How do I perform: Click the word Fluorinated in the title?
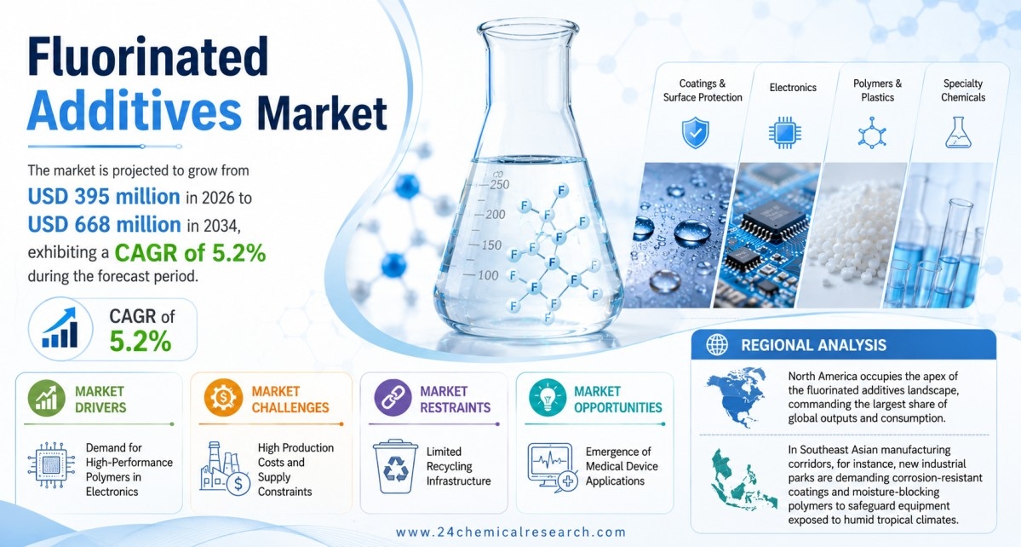click(148, 56)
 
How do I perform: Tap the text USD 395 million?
click(104, 197)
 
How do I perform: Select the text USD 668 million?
click(104, 225)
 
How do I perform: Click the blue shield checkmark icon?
click(696, 133)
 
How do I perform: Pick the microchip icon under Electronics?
click(784, 133)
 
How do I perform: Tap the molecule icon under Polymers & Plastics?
click(872, 134)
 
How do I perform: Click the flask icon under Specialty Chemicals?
click(958, 133)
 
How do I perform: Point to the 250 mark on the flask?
click(500, 184)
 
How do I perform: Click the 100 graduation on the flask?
click(488, 275)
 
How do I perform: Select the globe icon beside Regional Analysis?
click(717, 344)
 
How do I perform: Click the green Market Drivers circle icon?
click(46, 399)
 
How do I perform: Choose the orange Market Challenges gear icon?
click(223, 399)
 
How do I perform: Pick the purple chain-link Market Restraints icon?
click(393, 399)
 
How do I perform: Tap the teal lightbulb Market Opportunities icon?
click(548, 399)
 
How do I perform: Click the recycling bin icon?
click(395, 466)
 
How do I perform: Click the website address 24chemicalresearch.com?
click(511, 532)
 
